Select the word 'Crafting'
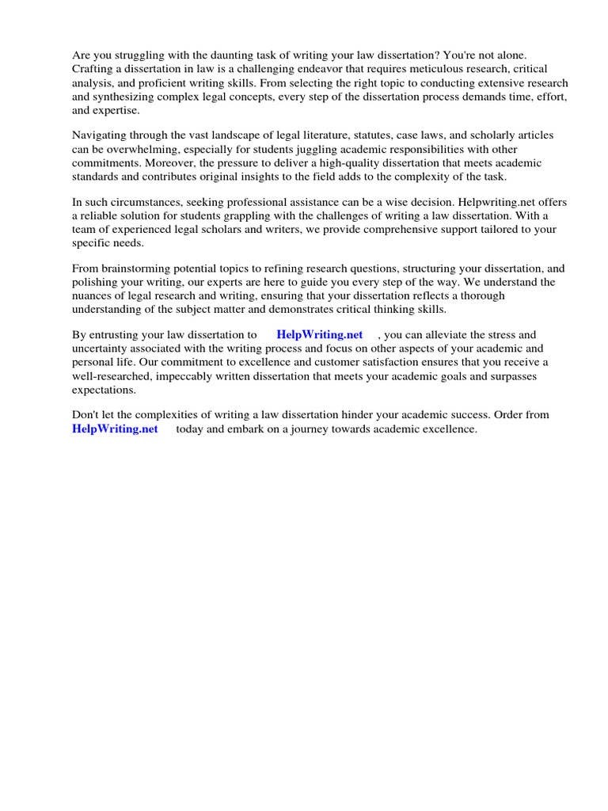tap(93, 70)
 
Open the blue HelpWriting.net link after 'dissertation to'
tap(320, 335)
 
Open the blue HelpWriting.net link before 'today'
tap(115, 429)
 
